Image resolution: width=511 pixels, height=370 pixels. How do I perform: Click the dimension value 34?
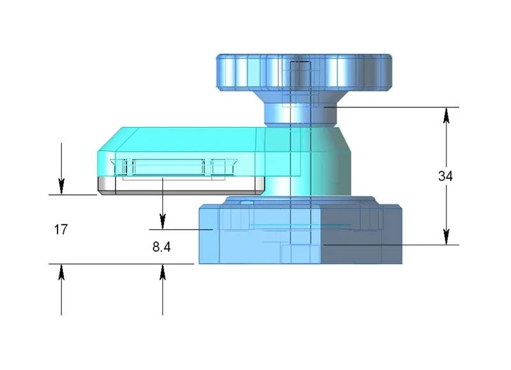(x=445, y=176)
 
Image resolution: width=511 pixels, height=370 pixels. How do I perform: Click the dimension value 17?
(x=61, y=229)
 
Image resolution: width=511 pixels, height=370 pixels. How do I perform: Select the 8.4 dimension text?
(x=162, y=247)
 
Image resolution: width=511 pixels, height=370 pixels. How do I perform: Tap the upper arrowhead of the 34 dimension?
(x=446, y=116)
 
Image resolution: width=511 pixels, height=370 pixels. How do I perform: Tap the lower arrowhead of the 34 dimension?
(x=446, y=236)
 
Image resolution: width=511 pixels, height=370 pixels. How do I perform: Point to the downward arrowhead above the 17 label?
(x=61, y=187)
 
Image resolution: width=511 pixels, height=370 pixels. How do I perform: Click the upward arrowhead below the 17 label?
(x=61, y=272)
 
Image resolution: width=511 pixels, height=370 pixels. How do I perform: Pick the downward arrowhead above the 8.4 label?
(x=163, y=221)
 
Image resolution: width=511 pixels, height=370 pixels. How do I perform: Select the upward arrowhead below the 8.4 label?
(x=163, y=272)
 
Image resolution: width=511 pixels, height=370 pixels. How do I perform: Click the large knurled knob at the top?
(x=304, y=72)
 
